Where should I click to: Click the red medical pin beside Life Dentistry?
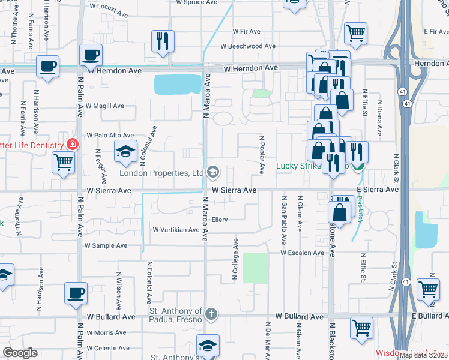(x=73, y=145)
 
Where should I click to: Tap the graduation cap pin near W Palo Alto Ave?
(x=125, y=152)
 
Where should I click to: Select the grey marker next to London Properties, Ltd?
(x=212, y=173)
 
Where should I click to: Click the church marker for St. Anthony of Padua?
(x=211, y=313)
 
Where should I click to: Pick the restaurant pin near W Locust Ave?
(x=163, y=41)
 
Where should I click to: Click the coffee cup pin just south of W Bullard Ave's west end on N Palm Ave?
(x=76, y=293)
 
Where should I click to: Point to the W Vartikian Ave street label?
(x=175, y=230)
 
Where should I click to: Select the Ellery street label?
(x=220, y=220)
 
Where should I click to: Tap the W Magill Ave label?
(x=105, y=106)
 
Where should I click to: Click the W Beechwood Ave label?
(x=247, y=46)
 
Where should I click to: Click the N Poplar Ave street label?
(x=262, y=155)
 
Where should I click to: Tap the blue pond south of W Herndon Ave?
(x=178, y=85)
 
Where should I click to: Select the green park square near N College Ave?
(x=255, y=267)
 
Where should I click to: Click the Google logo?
(x=20, y=353)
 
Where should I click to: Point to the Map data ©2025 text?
(x=423, y=355)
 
